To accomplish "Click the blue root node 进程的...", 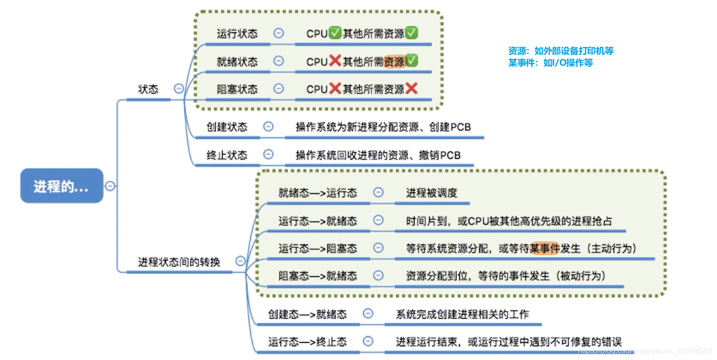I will pos(61,186).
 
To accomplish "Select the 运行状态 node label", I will pos(237,34).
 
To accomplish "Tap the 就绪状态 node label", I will pos(237,62).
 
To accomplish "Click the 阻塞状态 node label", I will pos(237,90).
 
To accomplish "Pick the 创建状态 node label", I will pos(226,127).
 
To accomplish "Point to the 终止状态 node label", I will pos(226,155).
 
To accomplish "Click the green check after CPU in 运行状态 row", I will pos(335,34).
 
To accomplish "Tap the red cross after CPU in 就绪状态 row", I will pos(335,61).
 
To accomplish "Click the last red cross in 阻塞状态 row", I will pos(411,89).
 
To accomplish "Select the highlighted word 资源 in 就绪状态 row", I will pos(394,62).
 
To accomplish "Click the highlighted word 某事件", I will pos(545,248).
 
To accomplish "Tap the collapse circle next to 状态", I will pos(179,89).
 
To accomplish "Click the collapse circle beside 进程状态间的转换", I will pos(240,261).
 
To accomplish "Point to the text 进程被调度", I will pos(432,193).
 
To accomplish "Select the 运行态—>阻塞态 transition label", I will pos(317,248).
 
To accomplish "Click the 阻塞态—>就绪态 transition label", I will pos(317,276).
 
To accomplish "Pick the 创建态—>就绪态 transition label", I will pos(307,314).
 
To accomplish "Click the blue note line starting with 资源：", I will pos(561,51).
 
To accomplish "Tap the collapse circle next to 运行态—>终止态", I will pos(368,341).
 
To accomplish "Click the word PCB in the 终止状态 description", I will pos(450,155).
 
